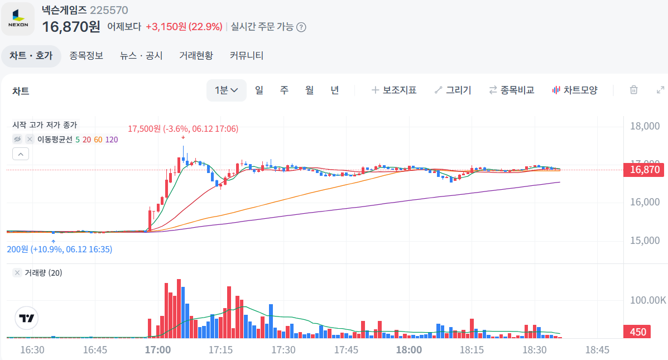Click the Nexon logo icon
pyautogui.click(x=18, y=19)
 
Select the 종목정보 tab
pyautogui.click(x=86, y=56)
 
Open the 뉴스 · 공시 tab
pyautogui.click(x=141, y=56)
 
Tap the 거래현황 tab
pyautogui.click(x=196, y=56)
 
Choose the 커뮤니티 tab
pyautogui.click(x=247, y=56)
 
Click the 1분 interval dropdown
pyautogui.click(x=227, y=90)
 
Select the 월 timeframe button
pyautogui.click(x=309, y=90)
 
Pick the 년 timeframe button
pyautogui.click(x=334, y=90)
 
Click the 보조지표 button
pyautogui.click(x=394, y=90)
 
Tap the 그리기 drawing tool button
pyautogui.click(x=453, y=90)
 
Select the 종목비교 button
pyautogui.click(x=511, y=90)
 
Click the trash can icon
pyautogui.click(x=633, y=90)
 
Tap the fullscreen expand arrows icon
pyautogui.click(x=660, y=90)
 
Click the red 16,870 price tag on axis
pyautogui.click(x=645, y=170)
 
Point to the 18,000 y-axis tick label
pyautogui.click(x=645, y=126)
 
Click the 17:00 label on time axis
pyautogui.click(x=157, y=350)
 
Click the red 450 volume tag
pyautogui.click(x=638, y=332)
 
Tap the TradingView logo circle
pyautogui.click(x=27, y=319)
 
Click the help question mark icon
pyautogui.click(x=301, y=27)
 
